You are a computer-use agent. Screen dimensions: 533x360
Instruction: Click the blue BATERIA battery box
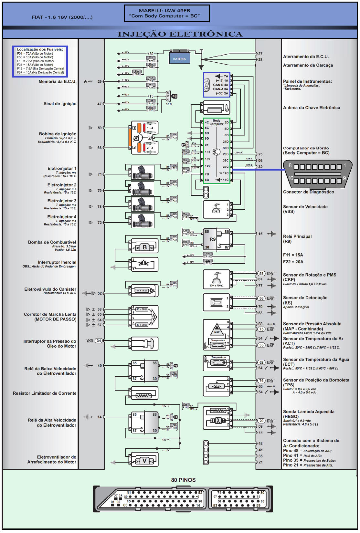[x=179, y=58]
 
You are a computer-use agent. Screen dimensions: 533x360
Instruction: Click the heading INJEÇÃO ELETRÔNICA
[x=180, y=34]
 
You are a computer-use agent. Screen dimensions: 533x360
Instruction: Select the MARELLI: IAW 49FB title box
[x=167, y=13]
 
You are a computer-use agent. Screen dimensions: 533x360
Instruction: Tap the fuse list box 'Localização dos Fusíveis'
[x=40, y=61]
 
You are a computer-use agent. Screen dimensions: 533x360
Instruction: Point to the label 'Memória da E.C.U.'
[x=58, y=81]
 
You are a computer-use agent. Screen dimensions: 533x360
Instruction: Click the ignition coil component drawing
[x=144, y=138]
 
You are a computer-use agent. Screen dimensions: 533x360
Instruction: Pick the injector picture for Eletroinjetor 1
[x=142, y=172]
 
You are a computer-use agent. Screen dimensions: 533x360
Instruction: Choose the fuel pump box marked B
[x=144, y=247]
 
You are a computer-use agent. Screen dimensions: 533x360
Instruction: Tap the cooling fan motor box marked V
[x=144, y=461]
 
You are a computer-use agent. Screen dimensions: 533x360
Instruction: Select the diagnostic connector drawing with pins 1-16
[x=317, y=174]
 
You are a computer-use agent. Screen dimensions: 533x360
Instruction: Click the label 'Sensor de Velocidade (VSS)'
[x=305, y=209]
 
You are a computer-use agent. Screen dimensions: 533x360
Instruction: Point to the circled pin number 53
[x=261, y=274]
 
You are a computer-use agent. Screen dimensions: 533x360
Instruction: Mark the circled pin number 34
[x=99, y=340]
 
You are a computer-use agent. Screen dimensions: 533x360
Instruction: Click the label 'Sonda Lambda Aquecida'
[x=309, y=412]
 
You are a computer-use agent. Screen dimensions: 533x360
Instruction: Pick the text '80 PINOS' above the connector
[x=183, y=480]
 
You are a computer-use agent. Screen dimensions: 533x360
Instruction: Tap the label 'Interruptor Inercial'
[x=57, y=262]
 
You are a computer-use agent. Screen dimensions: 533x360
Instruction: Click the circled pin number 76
[x=261, y=381]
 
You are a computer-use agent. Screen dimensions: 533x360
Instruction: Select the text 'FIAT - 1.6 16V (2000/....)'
[x=62, y=17]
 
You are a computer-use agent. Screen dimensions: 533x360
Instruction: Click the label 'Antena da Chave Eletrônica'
[x=311, y=108]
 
